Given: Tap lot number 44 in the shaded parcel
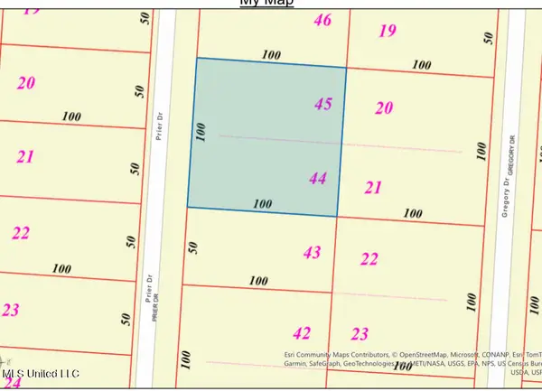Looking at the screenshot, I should point(317,179).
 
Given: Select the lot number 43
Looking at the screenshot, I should point(312,253).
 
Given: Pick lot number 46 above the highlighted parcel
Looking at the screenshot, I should point(322,19).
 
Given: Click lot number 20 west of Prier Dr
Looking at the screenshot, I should point(25,83).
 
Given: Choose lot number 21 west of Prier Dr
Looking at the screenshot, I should point(25,156).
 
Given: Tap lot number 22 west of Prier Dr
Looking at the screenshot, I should point(20,233).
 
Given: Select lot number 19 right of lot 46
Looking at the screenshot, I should point(388,31).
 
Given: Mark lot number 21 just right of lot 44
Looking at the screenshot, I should point(372,188).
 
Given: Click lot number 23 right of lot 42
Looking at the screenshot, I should point(360,332).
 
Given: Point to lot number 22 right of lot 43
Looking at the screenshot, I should point(369,259).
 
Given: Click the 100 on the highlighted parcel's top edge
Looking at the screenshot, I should point(270,55).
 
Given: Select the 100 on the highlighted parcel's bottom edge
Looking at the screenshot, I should point(263,204).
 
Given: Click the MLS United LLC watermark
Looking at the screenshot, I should point(41,374).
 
